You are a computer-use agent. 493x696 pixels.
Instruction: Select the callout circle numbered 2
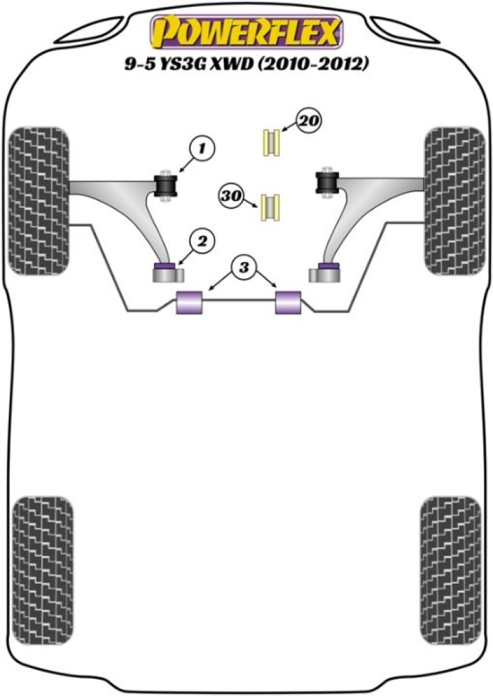203,240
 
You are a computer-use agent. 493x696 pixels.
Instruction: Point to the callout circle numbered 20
309,122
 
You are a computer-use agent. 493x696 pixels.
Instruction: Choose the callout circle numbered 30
232,196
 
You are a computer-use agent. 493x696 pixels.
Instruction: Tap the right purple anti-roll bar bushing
288,303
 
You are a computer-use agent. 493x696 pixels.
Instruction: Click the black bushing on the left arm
167,185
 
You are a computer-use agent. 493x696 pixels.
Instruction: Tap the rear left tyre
42,556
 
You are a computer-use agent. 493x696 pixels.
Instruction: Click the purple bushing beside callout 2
165,267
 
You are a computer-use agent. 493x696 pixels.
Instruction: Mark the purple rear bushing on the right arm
329,265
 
